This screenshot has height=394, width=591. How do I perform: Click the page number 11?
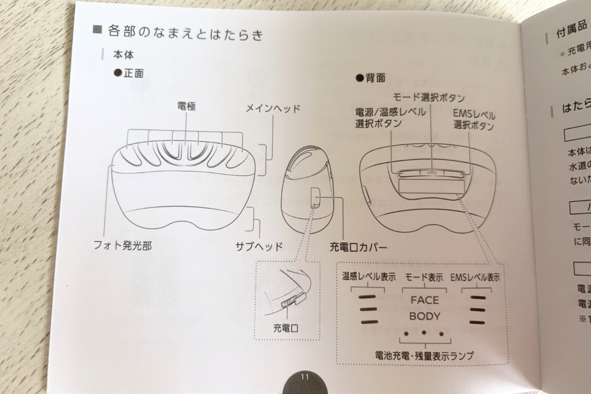[304, 377]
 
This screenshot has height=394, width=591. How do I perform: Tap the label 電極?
[186, 106]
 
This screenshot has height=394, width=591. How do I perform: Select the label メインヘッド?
[273, 109]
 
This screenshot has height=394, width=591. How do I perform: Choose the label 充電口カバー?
[359, 247]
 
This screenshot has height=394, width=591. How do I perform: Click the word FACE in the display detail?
[424, 300]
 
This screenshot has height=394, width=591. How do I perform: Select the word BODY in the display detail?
[425, 316]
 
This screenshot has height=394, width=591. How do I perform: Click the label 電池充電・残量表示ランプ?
[424, 356]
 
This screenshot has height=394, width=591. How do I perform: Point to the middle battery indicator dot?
[424, 333]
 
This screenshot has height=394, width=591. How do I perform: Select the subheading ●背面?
[370, 77]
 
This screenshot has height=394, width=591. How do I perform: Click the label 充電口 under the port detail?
[286, 328]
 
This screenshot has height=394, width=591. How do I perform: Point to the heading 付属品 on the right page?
[571, 33]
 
